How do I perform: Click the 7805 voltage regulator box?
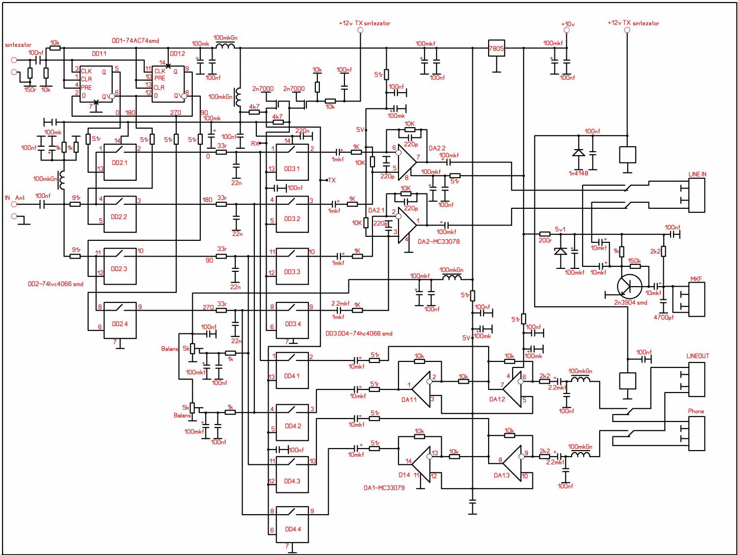tap(496, 49)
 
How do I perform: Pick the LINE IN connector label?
tap(697, 175)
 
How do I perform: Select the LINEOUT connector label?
tap(698, 356)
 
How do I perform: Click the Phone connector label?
tap(696, 411)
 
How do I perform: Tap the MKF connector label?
tap(696, 279)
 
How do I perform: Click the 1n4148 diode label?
tap(579, 173)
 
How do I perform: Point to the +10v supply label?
tap(567, 24)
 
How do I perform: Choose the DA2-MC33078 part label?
tap(439, 242)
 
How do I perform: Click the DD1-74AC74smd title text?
tap(135, 41)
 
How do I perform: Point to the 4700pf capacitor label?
tap(664, 318)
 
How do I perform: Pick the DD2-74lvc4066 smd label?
tap(56, 284)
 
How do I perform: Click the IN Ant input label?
tap(15, 198)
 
